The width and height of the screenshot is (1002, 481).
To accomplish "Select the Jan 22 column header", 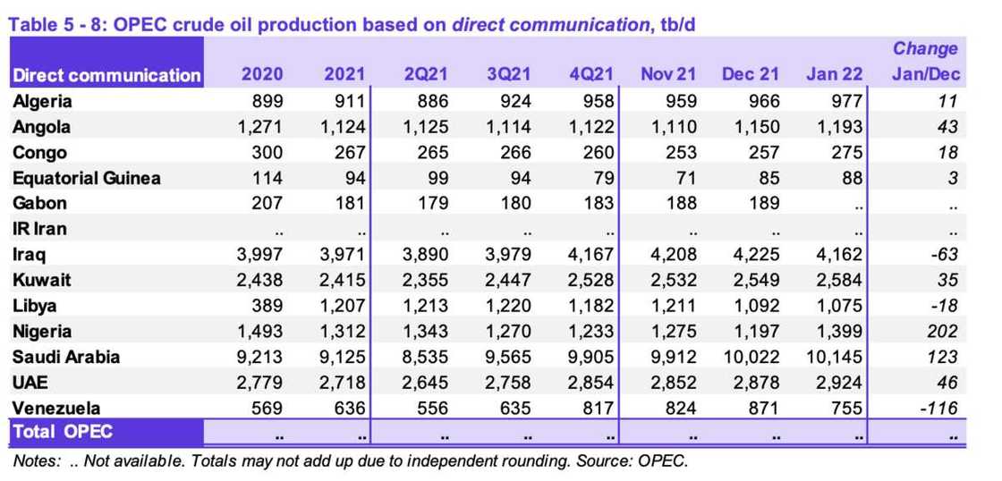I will pyautogui.click(x=834, y=75).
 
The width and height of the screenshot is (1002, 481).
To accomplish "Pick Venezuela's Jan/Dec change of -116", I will pyautogui.click(x=938, y=409).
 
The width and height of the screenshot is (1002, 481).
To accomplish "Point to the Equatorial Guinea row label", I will pyautogui.click(x=87, y=178).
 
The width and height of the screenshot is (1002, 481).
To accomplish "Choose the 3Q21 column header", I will pyautogui.click(x=509, y=75).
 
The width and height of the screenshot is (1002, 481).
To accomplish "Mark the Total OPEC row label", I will pyautogui.click(x=63, y=433).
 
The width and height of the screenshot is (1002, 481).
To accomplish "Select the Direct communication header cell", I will pyautogui.click(x=106, y=75).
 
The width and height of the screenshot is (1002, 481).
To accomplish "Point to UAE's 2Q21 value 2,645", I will pyautogui.click(x=424, y=383).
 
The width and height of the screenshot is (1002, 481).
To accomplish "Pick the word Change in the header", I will pyautogui.click(x=926, y=49).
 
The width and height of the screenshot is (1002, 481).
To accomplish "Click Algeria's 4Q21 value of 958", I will pyautogui.click(x=597, y=102).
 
